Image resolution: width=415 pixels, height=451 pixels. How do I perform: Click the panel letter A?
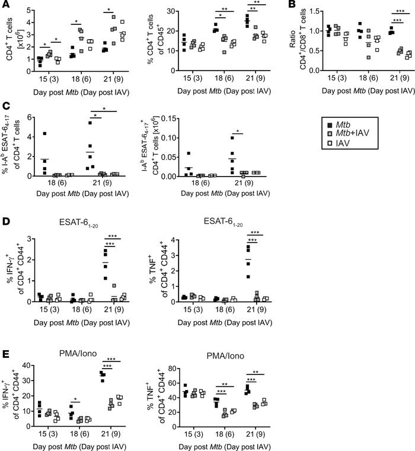5,5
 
